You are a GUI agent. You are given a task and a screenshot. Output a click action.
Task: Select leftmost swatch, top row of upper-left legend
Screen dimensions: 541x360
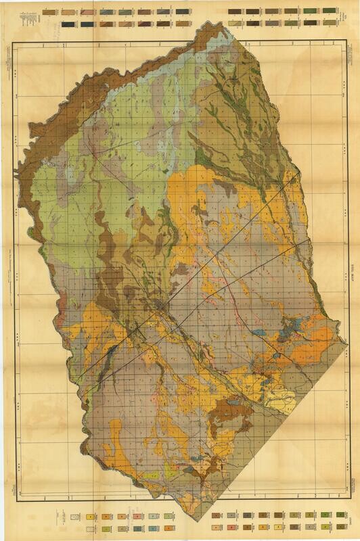tap(48, 12)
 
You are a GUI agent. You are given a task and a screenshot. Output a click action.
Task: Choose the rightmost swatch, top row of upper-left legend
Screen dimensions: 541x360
tap(183, 12)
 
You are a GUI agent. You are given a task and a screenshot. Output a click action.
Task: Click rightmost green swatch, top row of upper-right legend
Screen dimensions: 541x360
tap(330, 11)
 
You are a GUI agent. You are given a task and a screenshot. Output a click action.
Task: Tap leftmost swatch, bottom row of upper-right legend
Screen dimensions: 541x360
tap(233, 23)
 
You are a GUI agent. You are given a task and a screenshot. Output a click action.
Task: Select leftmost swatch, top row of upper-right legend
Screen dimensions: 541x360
tap(233, 11)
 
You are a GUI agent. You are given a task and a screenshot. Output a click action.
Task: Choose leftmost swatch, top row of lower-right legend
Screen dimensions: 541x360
tap(216, 516)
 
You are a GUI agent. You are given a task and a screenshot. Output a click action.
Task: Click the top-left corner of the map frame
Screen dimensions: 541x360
tap(14, 42)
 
